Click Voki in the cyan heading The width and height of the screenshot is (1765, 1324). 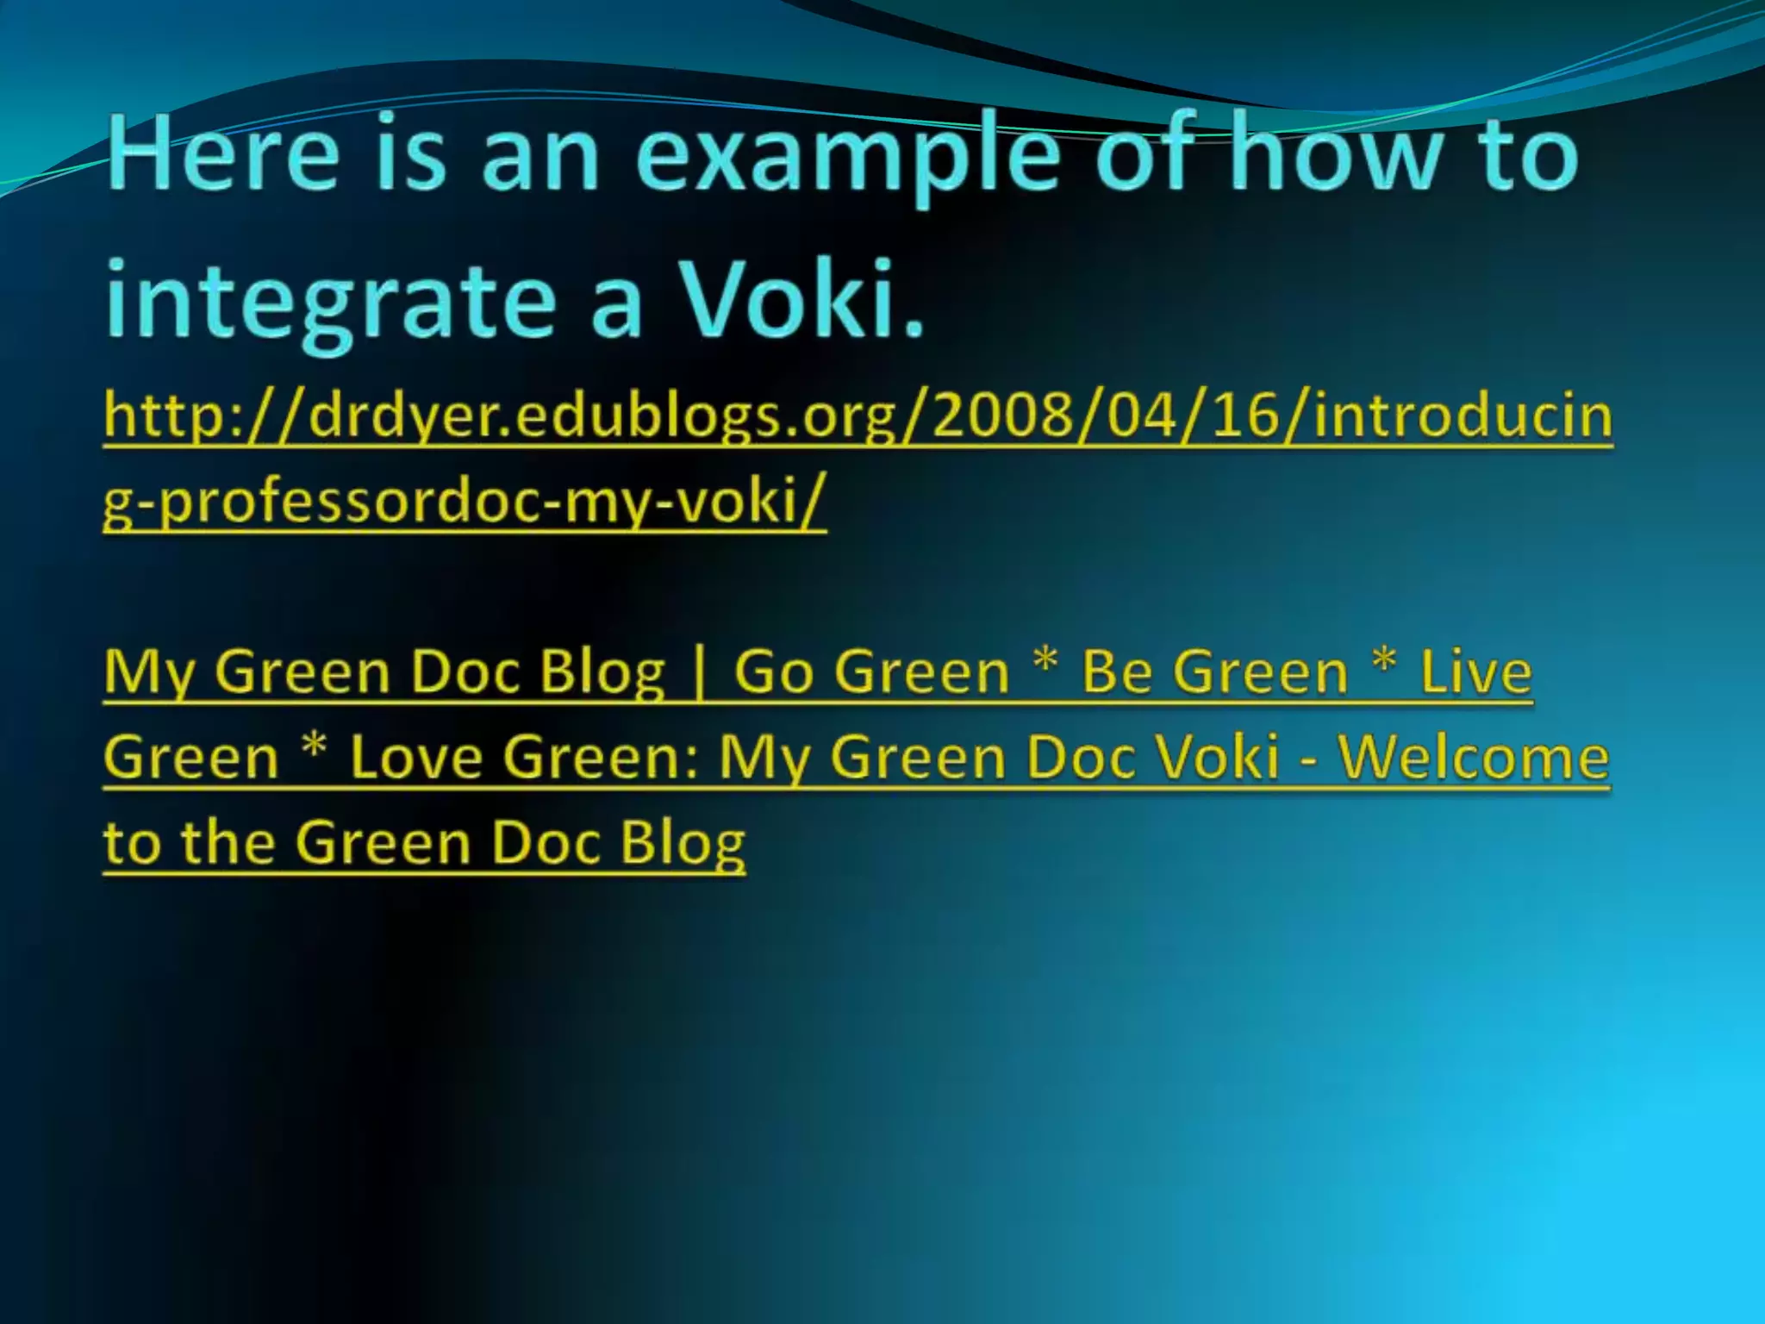[x=801, y=297]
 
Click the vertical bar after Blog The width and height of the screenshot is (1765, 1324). [x=699, y=673]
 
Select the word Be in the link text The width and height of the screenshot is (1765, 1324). [x=1117, y=671]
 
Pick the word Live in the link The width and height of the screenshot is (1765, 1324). [x=1475, y=671]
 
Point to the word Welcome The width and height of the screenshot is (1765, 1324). [x=1473, y=757]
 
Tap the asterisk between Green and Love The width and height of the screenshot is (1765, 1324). [x=315, y=745]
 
